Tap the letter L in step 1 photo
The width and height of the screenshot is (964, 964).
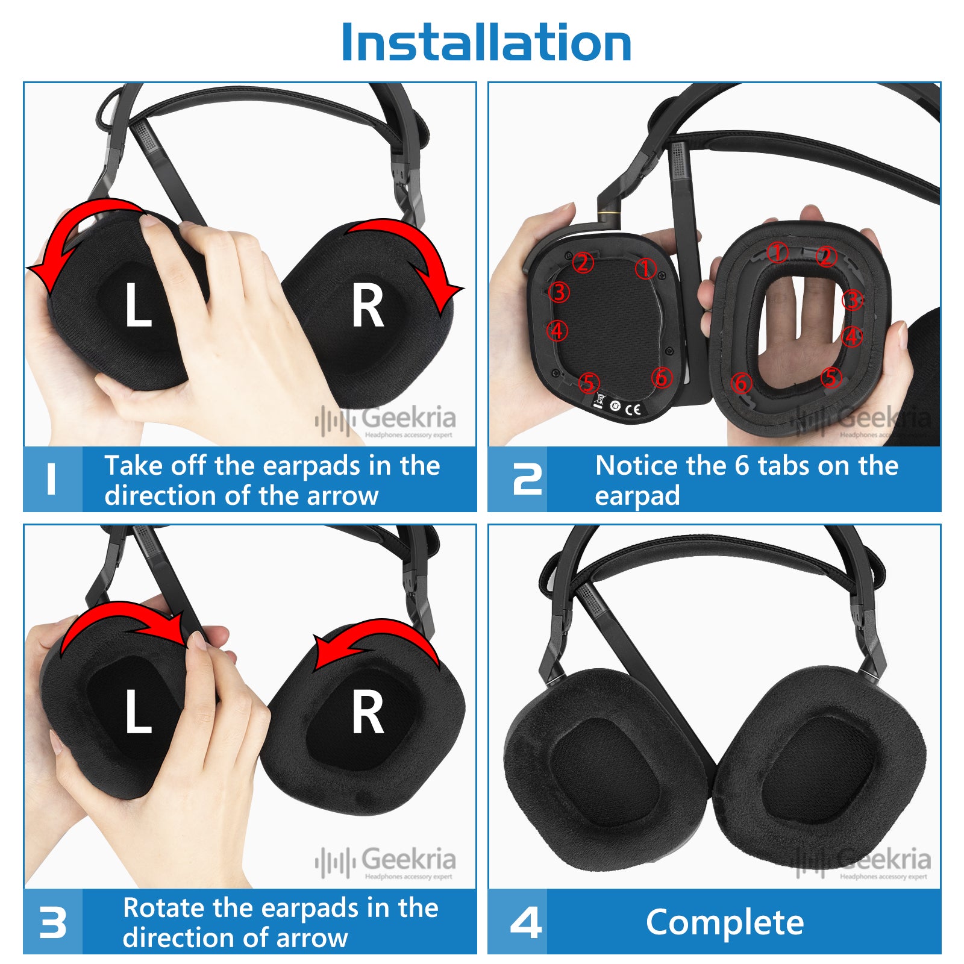(x=137, y=305)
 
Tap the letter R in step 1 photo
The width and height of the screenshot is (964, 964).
(x=368, y=307)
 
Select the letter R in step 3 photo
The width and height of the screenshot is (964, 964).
(x=368, y=713)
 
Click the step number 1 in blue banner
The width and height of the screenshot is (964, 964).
(x=51, y=480)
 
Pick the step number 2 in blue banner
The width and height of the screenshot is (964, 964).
(x=527, y=480)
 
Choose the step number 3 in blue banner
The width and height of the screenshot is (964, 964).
(x=52, y=922)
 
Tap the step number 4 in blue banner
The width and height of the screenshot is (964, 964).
(x=525, y=922)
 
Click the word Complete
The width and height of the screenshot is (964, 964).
(x=725, y=922)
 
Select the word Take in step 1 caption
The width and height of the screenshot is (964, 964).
(x=134, y=465)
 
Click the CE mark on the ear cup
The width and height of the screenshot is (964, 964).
(x=633, y=410)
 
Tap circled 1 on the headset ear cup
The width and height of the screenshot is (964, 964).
(x=645, y=268)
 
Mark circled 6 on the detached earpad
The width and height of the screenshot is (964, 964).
(x=742, y=383)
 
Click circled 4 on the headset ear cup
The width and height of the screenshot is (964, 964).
(x=557, y=330)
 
